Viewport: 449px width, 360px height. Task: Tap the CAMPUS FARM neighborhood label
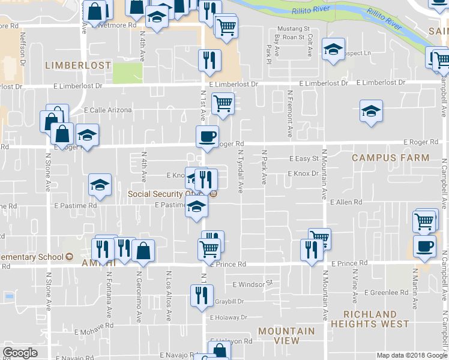click(390, 158)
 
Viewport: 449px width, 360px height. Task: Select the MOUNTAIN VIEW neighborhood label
click(286, 335)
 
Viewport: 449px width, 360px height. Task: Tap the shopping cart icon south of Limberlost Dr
click(223, 103)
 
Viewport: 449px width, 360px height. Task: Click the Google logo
click(20, 353)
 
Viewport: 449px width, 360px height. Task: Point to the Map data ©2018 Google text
click(411, 355)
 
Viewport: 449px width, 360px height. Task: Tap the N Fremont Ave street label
click(290, 113)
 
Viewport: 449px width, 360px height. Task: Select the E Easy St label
click(303, 159)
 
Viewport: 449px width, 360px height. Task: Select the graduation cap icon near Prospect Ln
click(333, 50)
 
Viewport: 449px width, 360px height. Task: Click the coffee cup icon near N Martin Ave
click(425, 246)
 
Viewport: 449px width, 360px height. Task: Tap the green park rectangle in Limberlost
click(128, 73)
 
